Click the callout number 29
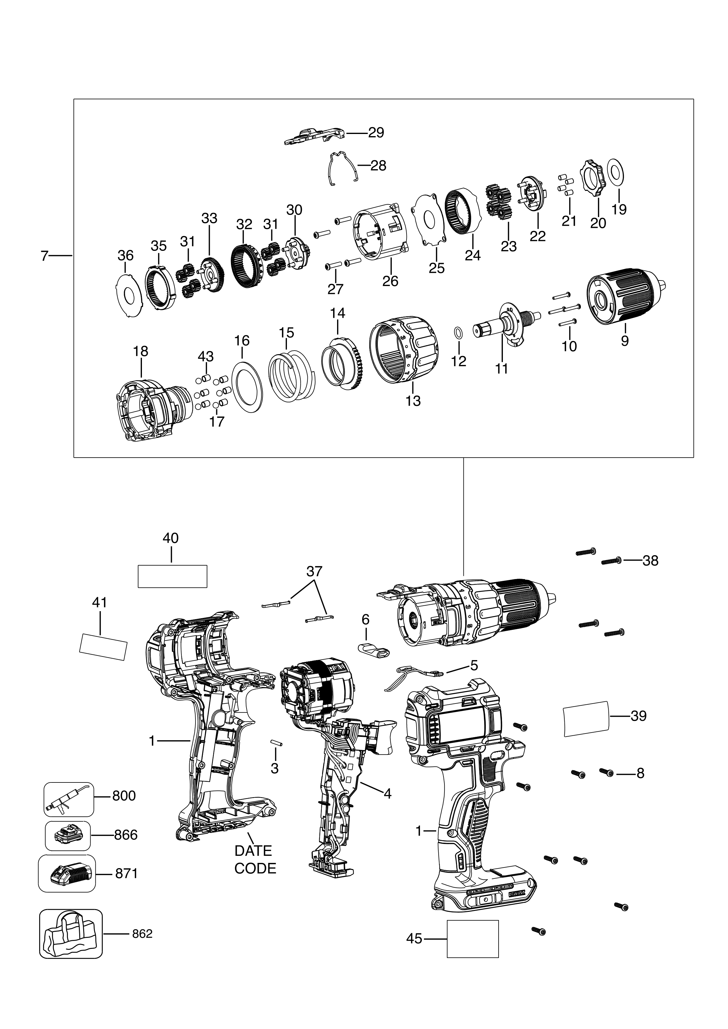click(x=376, y=133)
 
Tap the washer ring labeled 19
click(x=615, y=173)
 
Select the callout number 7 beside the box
click(x=44, y=256)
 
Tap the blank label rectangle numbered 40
click(x=172, y=576)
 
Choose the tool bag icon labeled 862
click(x=71, y=934)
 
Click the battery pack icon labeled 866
click(x=68, y=835)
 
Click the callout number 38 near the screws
click(x=650, y=561)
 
